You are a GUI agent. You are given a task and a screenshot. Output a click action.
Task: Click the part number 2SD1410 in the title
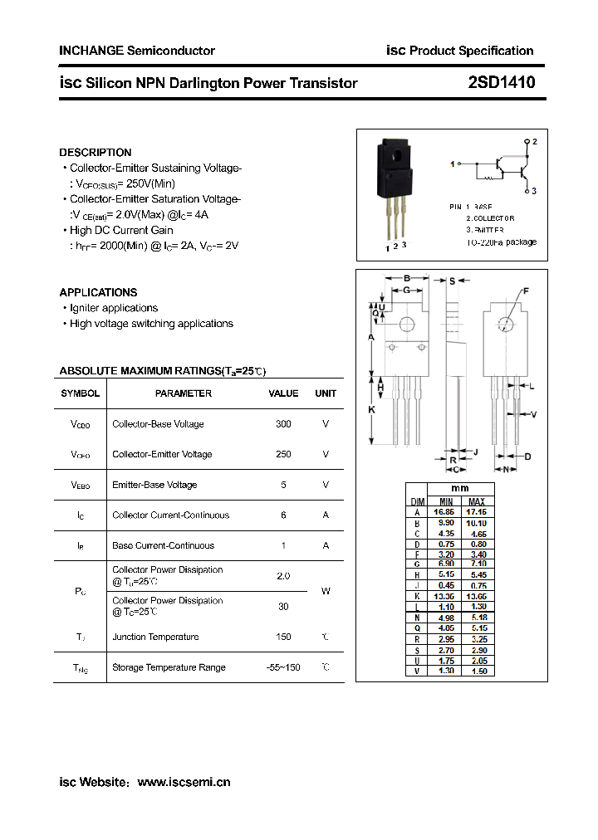point(502,83)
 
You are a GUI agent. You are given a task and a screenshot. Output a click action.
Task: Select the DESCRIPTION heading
point(96,153)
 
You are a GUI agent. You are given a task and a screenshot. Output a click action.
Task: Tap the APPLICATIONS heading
point(98,292)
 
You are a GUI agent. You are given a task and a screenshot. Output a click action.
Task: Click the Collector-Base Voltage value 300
point(283,424)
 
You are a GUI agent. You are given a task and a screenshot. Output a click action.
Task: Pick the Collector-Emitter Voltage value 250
point(283,454)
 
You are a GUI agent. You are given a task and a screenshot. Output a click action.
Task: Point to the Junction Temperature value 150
point(283,637)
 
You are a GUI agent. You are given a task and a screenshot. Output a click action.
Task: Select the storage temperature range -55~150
point(283,667)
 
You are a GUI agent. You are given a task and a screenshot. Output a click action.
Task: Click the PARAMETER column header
point(184,393)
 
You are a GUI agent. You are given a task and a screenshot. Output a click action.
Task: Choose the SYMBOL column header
point(81,393)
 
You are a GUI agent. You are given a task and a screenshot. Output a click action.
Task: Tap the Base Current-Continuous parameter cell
point(164,545)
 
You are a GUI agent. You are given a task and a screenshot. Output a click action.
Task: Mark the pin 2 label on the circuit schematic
point(535,142)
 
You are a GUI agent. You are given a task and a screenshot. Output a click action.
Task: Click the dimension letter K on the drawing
point(371,409)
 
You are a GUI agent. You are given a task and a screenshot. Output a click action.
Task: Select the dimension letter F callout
point(526,291)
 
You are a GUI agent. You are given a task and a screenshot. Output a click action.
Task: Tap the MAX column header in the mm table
point(477,501)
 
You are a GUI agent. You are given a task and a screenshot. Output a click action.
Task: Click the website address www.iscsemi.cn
point(184,782)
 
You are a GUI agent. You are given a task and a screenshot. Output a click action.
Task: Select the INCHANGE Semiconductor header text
point(137,51)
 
